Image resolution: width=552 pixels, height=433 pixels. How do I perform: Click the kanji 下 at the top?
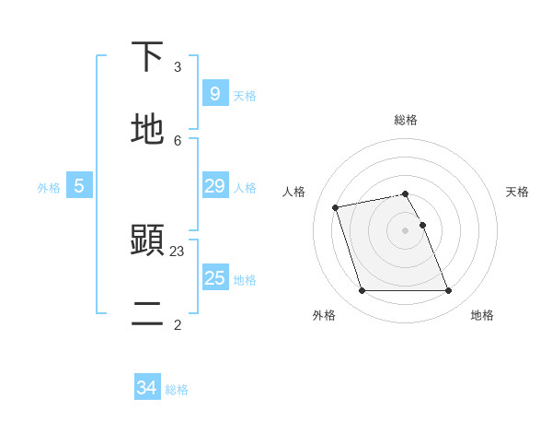[148, 56]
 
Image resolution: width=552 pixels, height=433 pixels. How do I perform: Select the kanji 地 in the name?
[148, 128]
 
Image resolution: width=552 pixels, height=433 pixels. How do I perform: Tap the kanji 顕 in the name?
[148, 241]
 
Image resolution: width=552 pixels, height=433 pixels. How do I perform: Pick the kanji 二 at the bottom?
[148, 314]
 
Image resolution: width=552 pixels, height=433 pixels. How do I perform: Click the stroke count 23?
[178, 251]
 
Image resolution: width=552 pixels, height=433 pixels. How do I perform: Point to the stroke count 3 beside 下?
[178, 67]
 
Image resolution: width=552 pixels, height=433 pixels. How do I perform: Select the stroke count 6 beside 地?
[178, 140]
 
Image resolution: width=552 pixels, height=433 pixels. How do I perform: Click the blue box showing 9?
[214, 94]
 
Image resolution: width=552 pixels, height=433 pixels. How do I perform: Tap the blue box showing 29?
[214, 186]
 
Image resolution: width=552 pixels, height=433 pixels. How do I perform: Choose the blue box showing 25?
[214, 277]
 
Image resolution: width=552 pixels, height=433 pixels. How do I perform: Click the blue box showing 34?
[146, 388]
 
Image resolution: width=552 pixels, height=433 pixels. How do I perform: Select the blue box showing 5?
[79, 186]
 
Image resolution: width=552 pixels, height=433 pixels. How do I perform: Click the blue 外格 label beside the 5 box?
[49, 188]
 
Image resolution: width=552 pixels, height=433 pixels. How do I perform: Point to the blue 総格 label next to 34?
[177, 390]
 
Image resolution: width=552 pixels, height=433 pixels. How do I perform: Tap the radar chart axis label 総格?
[406, 120]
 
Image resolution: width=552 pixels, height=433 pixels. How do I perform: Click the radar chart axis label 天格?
[517, 192]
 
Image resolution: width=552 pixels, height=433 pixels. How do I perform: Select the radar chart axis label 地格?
[482, 315]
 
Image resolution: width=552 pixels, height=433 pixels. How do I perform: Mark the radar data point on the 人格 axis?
[336, 207]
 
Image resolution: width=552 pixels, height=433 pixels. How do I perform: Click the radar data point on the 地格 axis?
[448, 291]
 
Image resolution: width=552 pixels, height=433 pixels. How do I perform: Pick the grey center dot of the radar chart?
[406, 230]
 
